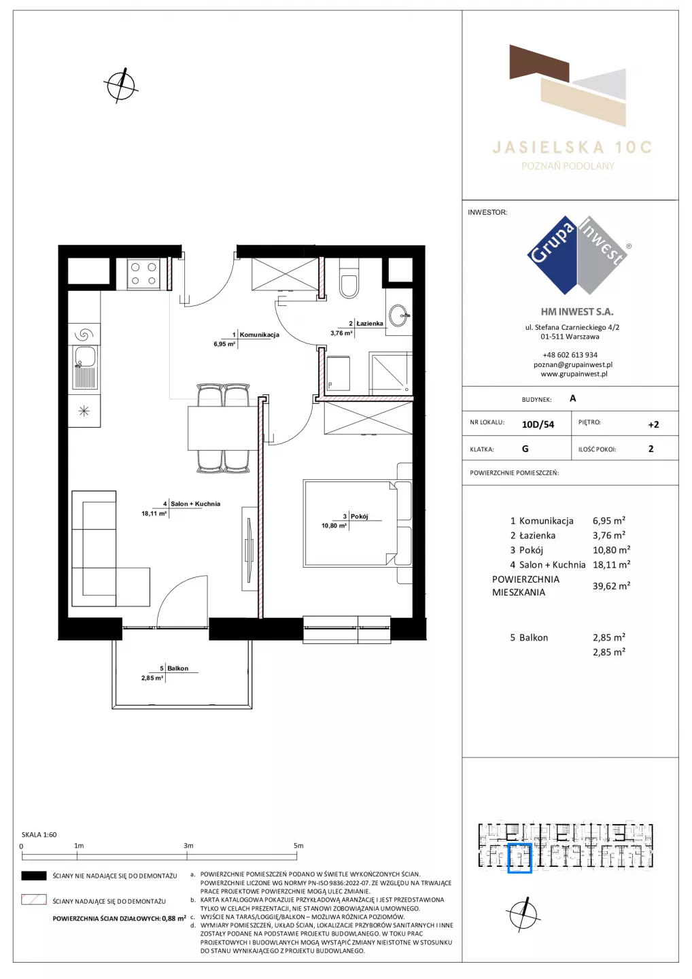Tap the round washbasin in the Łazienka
click(399, 315)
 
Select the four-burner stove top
click(143, 273)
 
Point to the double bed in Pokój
click(358, 523)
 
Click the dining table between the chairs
click(222, 428)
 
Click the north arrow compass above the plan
click(121, 85)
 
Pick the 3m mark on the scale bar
click(188, 846)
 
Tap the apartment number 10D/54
click(538, 424)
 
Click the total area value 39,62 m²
click(611, 585)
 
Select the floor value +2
click(653, 424)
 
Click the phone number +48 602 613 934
click(570, 355)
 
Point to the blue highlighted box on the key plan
click(519, 858)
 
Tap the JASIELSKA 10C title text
click(572, 148)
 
